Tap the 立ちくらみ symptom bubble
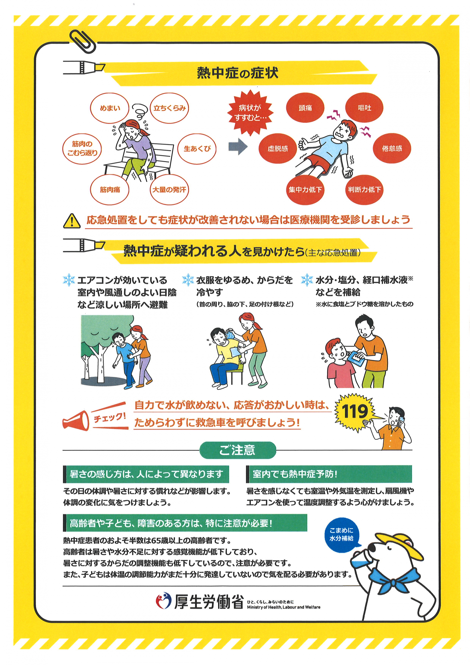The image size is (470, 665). click(x=169, y=108)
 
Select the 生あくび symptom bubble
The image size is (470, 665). click(x=197, y=149)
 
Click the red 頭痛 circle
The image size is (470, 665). click(x=305, y=108)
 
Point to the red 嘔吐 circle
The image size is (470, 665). click(x=364, y=108)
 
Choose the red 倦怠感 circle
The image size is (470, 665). click(x=392, y=149)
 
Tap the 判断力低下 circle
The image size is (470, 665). click(x=364, y=190)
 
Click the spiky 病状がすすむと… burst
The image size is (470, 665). click(x=250, y=113)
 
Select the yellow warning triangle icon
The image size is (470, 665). click(x=72, y=221)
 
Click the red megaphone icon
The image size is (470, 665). click(x=76, y=421)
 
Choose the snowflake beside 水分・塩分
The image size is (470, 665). click(x=307, y=280)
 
